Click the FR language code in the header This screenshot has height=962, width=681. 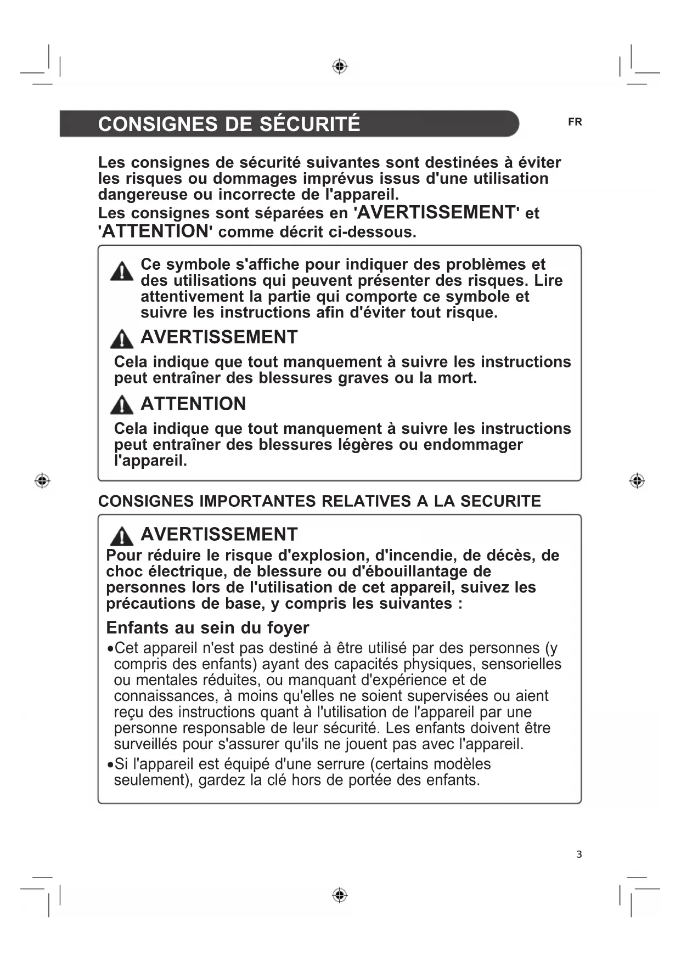(575, 122)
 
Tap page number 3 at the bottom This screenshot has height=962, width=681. (579, 855)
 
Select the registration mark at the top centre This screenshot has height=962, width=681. (340, 66)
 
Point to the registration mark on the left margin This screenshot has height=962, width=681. (42, 481)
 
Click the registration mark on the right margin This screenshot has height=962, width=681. (637, 481)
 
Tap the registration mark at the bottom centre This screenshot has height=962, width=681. (340, 895)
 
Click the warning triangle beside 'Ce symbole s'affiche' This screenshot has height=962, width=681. (121, 271)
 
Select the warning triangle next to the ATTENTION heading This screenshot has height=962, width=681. (121, 405)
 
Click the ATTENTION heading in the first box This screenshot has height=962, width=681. (193, 404)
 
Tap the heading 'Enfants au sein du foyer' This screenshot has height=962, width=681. (207, 627)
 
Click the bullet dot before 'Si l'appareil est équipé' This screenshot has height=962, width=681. (110, 765)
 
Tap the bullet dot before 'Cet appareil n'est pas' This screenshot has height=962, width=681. (110, 649)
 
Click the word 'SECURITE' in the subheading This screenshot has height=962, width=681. (500, 501)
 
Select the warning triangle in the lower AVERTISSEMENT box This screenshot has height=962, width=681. (121, 536)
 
